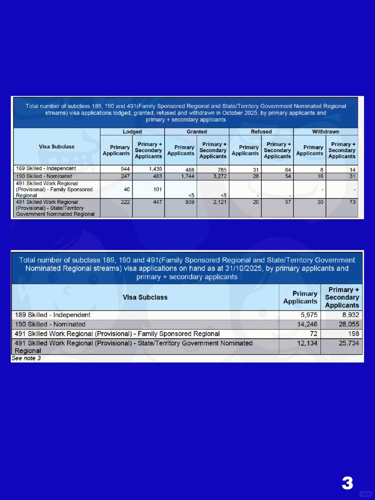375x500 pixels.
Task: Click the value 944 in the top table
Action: coord(125,169)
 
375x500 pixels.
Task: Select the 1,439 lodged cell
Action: coord(156,169)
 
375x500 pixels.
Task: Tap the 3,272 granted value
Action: coord(220,176)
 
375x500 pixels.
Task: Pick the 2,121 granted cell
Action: coord(220,202)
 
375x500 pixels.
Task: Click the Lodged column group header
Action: coord(132,132)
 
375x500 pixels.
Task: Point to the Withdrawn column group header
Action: coord(325,132)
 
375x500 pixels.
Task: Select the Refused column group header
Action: coord(261,132)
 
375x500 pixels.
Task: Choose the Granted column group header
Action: coord(197,132)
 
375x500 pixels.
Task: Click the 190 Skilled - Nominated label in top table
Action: coord(44,176)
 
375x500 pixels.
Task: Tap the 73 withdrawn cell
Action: coord(352,202)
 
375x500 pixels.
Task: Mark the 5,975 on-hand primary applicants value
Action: coord(309,315)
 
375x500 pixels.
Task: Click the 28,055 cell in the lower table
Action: coord(349,324)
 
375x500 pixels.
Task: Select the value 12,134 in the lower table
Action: coord(307,343)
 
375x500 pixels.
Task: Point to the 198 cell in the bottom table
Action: coord(353,334)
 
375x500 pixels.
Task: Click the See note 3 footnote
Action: coord(26,358)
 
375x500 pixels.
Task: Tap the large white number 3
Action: coord(347,483)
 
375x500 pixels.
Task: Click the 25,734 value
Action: coord(349,343)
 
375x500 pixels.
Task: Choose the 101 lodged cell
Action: coord(158,190)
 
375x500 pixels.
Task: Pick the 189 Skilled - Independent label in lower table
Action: coord(52,315)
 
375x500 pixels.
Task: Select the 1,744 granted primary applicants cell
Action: coord(187,176)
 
